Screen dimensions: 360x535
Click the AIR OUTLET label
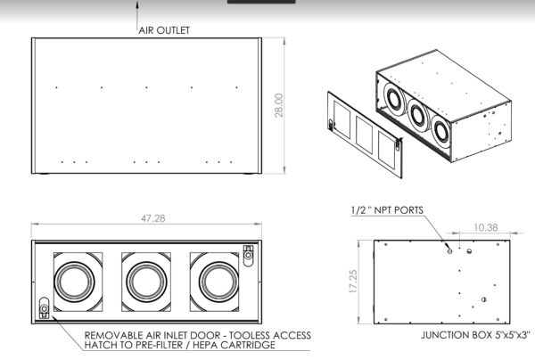164,29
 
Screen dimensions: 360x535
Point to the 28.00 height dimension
278,105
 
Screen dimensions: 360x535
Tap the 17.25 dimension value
354,282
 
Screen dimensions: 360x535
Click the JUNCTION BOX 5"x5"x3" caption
475,336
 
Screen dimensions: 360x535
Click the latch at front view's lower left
44,309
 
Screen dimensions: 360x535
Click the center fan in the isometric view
418,113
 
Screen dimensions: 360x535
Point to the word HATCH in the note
103,345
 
